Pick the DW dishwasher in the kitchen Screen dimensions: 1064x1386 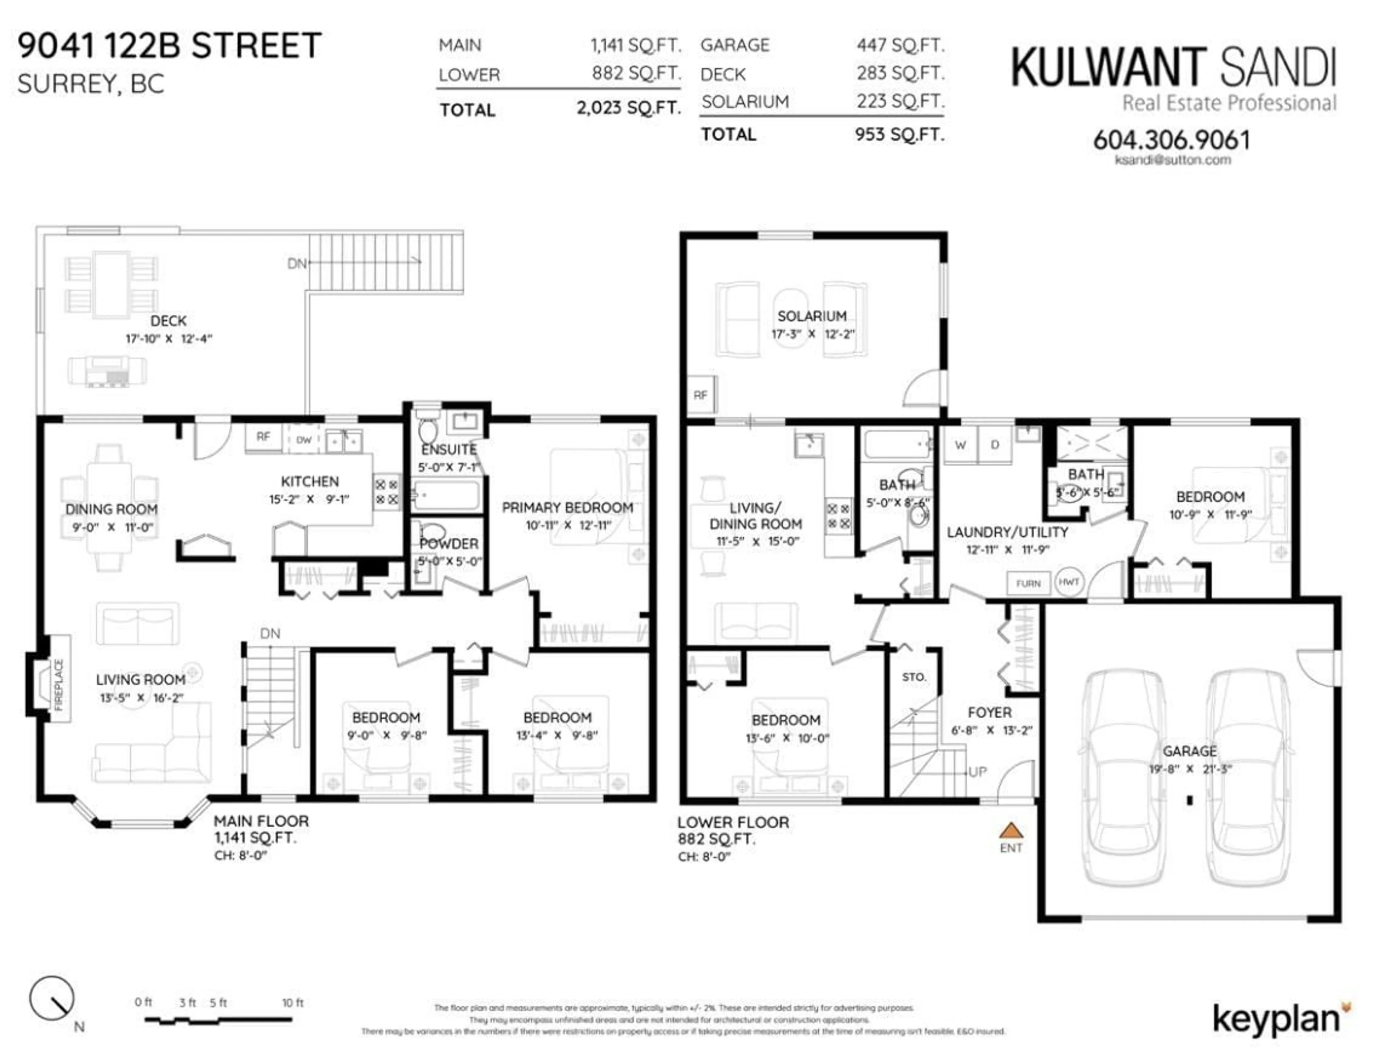[x=304, y=439]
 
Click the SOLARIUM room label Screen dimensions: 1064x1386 [x=812, y=316]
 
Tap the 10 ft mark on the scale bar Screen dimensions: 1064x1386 [x=292, y=1003]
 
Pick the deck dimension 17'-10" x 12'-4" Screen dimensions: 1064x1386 [x=169, y=339]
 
